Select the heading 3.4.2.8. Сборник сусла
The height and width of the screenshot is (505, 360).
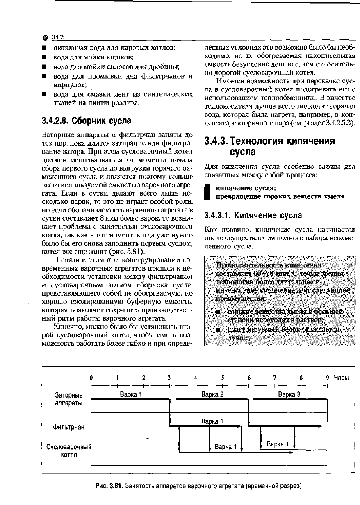pos(87,121)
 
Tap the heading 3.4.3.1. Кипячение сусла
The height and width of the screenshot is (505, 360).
pos(253,215)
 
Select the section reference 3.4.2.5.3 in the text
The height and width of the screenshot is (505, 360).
pos(340,123)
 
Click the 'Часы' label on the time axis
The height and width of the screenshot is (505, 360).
pos(341,378)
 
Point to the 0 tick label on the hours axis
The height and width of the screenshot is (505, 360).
pos(91,378)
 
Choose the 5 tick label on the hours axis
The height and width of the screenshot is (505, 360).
pos(222,378)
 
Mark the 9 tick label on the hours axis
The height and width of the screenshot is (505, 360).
pos(328,378)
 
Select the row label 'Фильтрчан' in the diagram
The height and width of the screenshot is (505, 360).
pos(68,428)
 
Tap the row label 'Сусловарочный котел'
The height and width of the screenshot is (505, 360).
pos(68,450)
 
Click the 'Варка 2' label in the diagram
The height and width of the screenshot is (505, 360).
pos(213,395)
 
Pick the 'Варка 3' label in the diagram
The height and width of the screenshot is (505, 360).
pos(289,395)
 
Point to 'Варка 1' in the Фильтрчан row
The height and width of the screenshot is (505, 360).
pos(212,421)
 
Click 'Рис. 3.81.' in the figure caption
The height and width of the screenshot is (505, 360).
pos(109,486)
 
